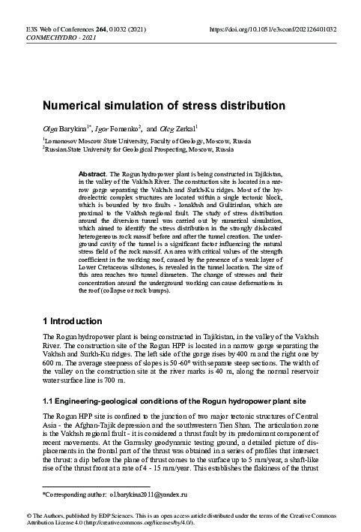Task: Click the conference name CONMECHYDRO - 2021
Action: coord(55,38)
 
